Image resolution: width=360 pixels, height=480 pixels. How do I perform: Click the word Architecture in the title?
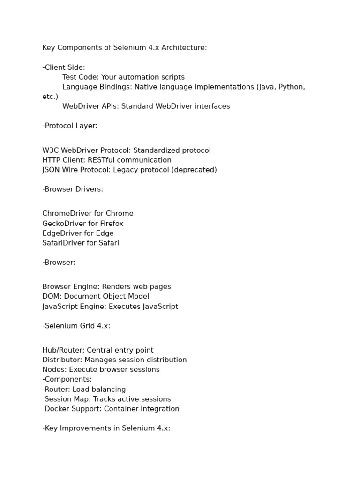[x=184, y=48]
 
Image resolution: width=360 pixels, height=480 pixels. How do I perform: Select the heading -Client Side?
[x=64, y=67]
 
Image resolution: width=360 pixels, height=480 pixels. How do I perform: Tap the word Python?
[x=292, y=87]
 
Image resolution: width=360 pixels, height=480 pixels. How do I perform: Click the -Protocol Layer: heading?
[x=70, y=126]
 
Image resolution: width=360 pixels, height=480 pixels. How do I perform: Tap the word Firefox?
[x=112, y=224]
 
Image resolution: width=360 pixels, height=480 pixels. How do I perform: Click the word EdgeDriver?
[x=60, y=233]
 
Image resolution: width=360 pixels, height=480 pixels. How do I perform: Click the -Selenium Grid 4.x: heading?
[x=76, y=326]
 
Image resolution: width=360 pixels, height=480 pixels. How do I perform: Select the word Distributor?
[x=61, y=360]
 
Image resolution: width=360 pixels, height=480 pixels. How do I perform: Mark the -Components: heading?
[x=67, y=379]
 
